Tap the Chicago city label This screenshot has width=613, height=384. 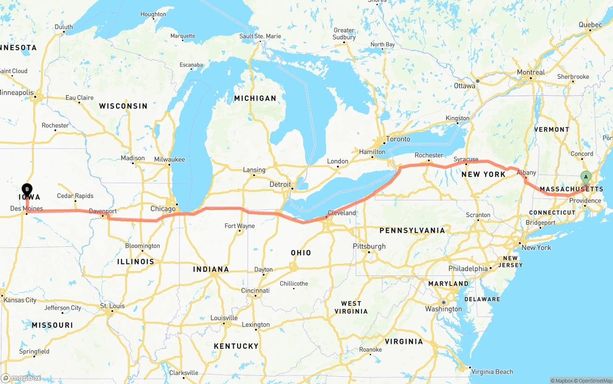click(163, 209)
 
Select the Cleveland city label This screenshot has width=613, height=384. click(341, 213)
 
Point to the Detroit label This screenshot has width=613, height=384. click(280, 185)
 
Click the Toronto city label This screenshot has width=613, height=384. click(398, 139)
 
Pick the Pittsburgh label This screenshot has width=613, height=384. click(369, 246)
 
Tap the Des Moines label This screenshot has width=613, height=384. click(26, 208)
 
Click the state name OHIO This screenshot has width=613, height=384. click(301, 252)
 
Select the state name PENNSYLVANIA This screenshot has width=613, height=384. click(412, 230)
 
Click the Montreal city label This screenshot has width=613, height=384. click(531, 73)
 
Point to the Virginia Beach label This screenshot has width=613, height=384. click(492, 372)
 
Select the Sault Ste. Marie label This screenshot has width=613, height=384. click(260, 36)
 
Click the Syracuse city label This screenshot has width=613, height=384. click(466, 159)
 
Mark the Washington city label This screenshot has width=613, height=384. click(443, 309)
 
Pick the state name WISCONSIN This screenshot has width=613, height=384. click(123, 106)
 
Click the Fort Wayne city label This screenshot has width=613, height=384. click(239, 226)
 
